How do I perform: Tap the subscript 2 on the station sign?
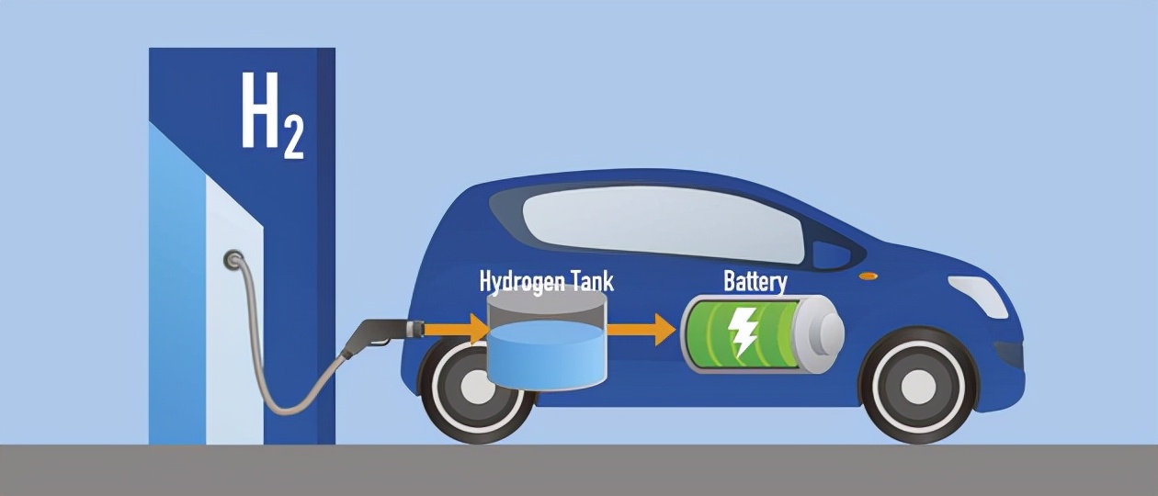point(294,137)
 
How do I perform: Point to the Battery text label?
point(755,282)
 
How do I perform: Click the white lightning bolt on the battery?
point(743,332)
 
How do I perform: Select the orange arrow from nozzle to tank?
point(456,329)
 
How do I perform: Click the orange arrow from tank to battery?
point(641,329)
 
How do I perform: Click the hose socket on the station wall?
point(233,258)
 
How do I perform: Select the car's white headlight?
point(979,297)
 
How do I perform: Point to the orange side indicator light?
point(868,276)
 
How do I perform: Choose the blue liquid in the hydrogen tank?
point(547,354)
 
